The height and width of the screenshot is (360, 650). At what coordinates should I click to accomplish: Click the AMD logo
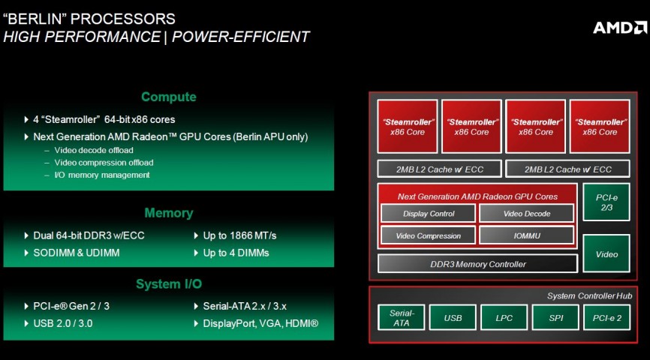[x=619, y=27]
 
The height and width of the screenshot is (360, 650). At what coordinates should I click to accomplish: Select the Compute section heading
[x=168, y=97]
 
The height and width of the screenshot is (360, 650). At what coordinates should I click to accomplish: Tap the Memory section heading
[x=168, y=213]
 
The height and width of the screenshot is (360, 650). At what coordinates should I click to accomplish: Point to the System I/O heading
[x=168, y=284]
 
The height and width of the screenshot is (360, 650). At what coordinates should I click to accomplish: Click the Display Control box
[x=428, y=214]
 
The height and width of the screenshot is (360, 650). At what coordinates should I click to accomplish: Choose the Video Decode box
[x=526, y=214]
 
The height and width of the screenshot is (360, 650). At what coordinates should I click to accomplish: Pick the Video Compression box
[x=428, y=235]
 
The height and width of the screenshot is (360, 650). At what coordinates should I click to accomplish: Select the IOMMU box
[x=526, y=235]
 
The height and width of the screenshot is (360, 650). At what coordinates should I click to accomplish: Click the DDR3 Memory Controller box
[x=477, y=264]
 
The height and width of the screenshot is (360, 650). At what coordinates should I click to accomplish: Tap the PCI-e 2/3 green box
[x=606, y=202]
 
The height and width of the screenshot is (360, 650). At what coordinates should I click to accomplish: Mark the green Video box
[x=606, y=254]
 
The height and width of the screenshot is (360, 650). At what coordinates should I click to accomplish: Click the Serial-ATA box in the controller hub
[x=402, y=317]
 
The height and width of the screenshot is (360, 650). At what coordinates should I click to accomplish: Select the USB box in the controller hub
[x=453, y=318]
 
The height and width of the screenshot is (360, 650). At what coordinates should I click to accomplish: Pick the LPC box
[x=504, y=318]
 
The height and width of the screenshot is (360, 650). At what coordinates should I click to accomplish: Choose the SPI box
[x=555, y=318]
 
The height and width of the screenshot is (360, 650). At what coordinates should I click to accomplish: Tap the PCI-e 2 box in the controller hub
[x=606, y=318]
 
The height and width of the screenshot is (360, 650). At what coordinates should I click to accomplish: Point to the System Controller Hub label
[x=589, y=296]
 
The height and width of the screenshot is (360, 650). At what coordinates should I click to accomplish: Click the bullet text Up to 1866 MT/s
[x=239, y=235]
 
